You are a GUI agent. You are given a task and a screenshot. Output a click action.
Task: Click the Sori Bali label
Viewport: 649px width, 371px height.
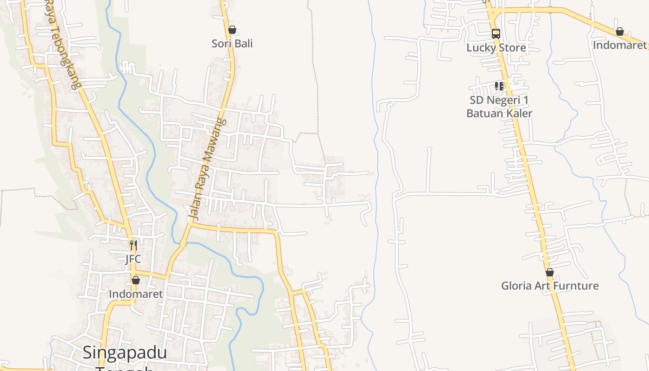[232, 44]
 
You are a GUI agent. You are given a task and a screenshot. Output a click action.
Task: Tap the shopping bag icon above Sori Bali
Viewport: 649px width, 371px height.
[232, 30]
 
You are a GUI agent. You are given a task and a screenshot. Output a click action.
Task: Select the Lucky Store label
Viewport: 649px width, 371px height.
[496, 48]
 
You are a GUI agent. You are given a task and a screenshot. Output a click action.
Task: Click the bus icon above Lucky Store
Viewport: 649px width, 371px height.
[496, 33]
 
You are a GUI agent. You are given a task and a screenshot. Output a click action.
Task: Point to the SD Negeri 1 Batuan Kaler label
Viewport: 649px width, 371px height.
[499, 107]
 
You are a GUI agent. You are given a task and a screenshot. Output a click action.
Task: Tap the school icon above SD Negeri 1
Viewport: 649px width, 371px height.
[499, 86]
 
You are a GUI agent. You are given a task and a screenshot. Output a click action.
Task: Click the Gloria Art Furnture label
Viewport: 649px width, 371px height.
[550, 286]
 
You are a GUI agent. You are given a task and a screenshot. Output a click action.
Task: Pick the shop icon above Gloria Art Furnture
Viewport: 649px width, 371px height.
[550, 272]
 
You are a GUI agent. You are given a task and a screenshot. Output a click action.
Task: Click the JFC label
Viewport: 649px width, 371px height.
[133, 259]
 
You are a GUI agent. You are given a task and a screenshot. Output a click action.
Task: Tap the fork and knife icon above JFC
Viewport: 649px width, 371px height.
[134, 245]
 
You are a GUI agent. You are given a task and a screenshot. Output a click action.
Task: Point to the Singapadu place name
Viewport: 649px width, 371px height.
[125, 353]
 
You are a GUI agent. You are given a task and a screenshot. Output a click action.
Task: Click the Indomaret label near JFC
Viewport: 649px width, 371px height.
[136, 294]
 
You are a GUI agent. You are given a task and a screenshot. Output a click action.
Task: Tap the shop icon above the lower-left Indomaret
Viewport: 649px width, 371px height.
[136, 280]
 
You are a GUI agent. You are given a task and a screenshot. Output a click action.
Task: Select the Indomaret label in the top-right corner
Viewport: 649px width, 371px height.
[620, 45]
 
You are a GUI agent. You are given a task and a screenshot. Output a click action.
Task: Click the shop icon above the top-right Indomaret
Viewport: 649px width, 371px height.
[620, 32]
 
